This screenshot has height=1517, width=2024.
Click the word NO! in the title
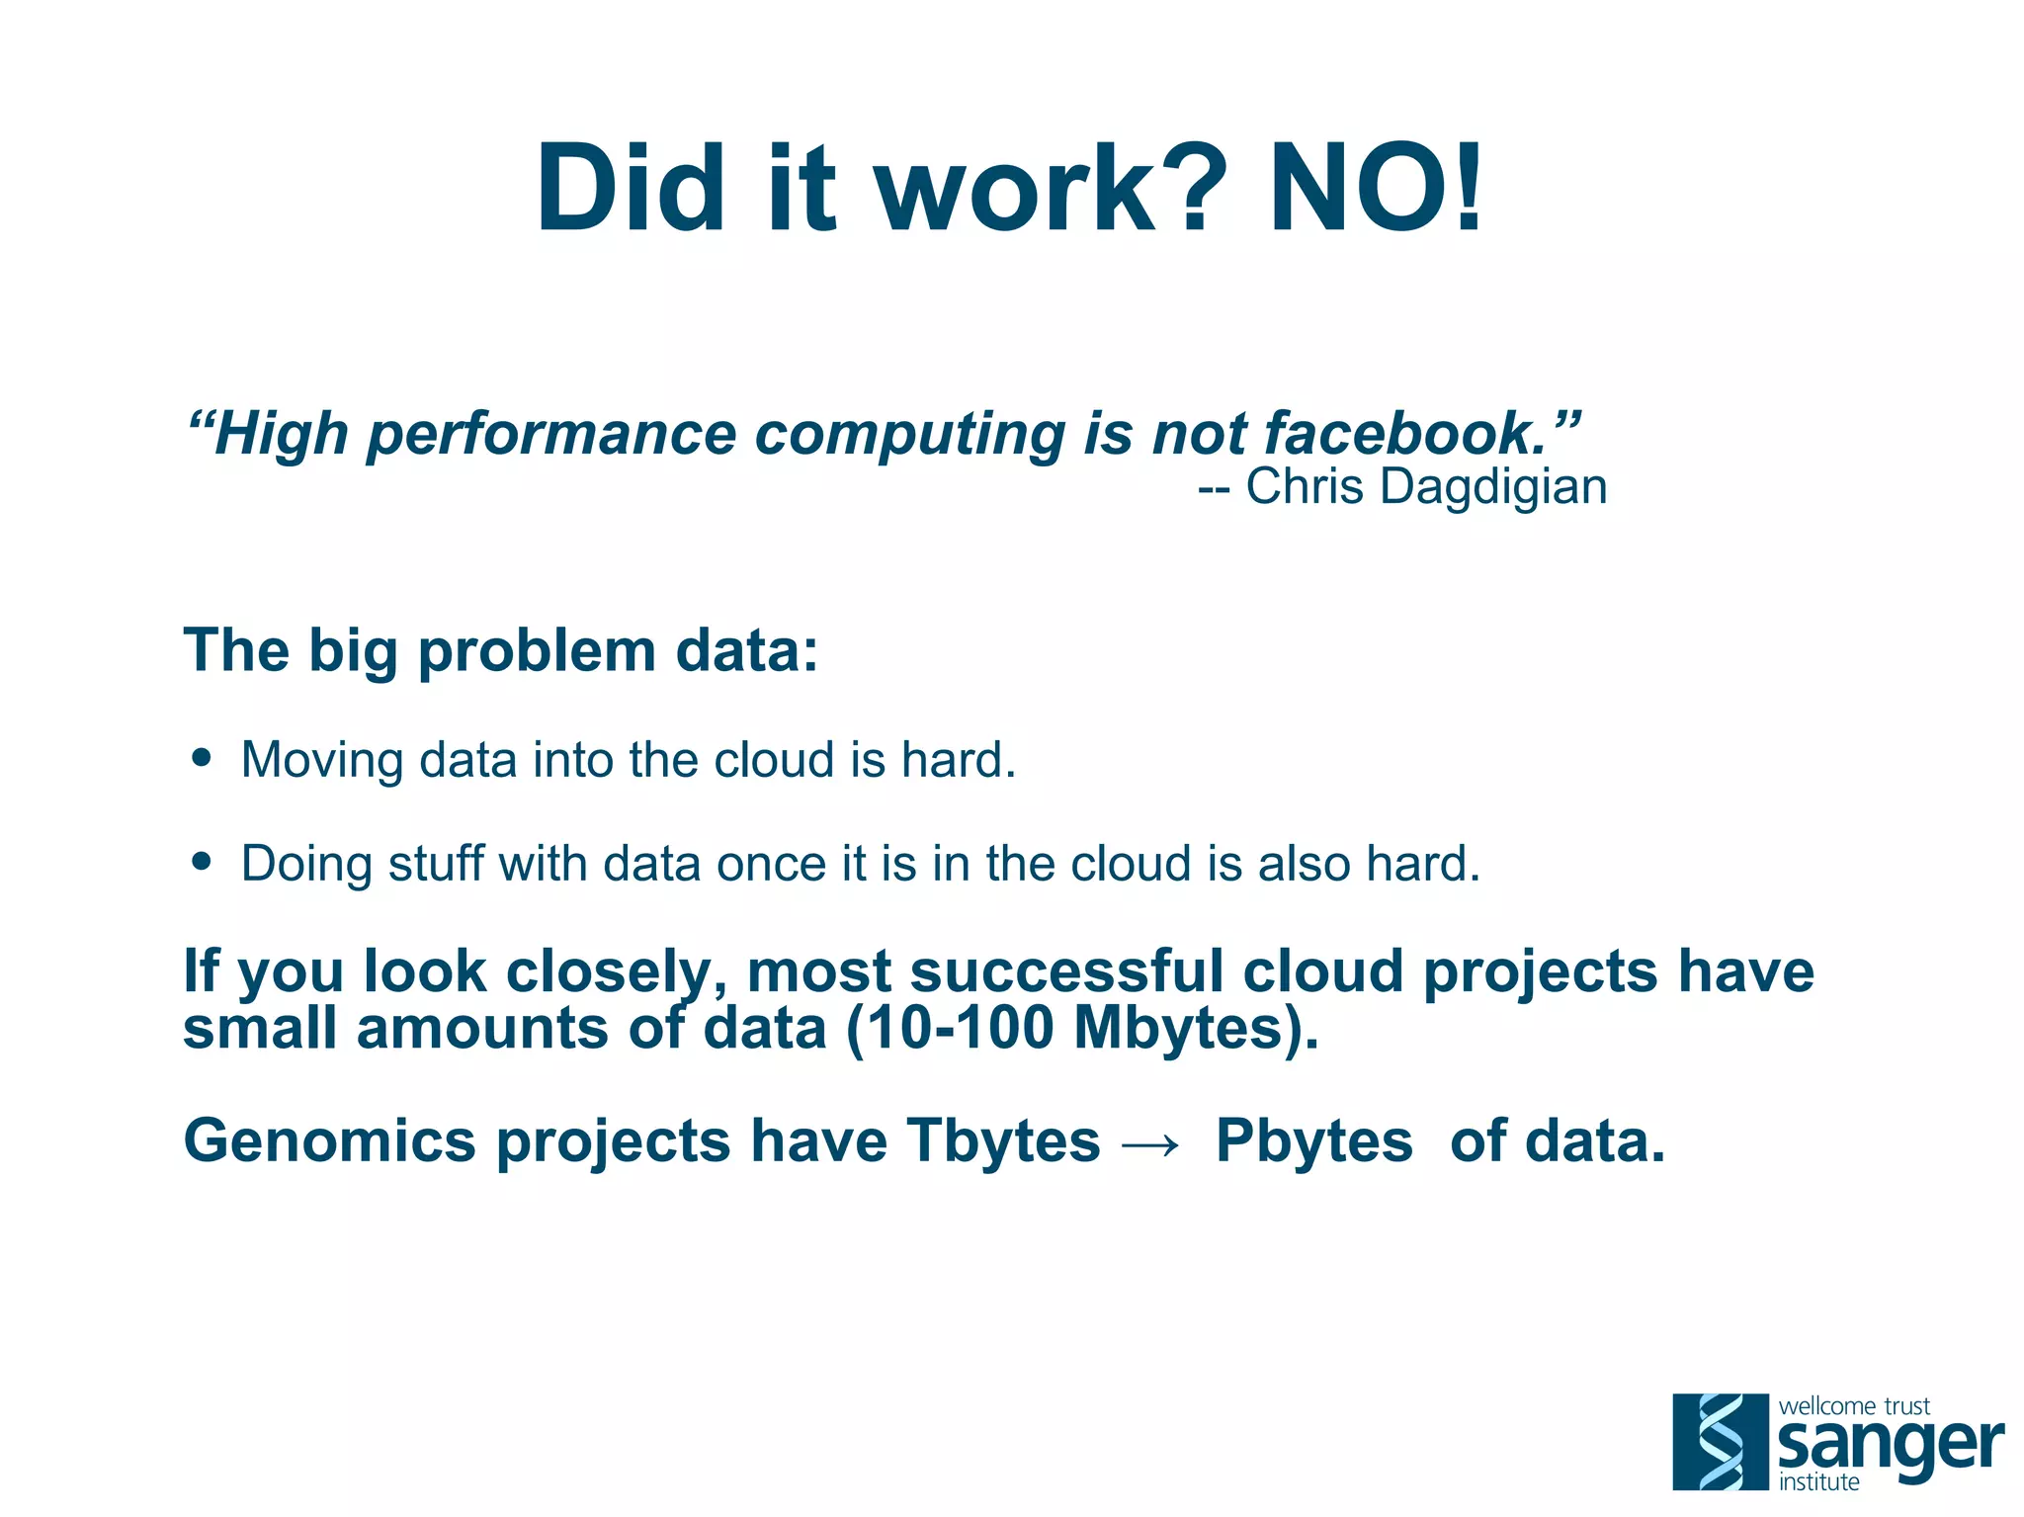pos(1376,188)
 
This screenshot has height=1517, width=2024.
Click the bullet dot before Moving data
pos(203,758)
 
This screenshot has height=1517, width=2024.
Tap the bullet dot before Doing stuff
pos(203,861)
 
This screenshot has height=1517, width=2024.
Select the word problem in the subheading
pos(538,652)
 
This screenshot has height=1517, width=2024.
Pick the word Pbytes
pos(1314,1141)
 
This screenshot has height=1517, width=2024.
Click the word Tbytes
pos(1003,1141)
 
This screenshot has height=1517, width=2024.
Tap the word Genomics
pos(330,1141)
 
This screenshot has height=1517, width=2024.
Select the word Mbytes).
pos(1196,1029)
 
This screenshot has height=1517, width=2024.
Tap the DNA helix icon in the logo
pos(1720,1441)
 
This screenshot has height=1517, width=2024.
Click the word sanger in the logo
pos(1890,1447)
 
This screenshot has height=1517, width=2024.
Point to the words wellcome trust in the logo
pos(1854,1405)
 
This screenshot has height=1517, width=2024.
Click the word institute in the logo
pos(1818,1481)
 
